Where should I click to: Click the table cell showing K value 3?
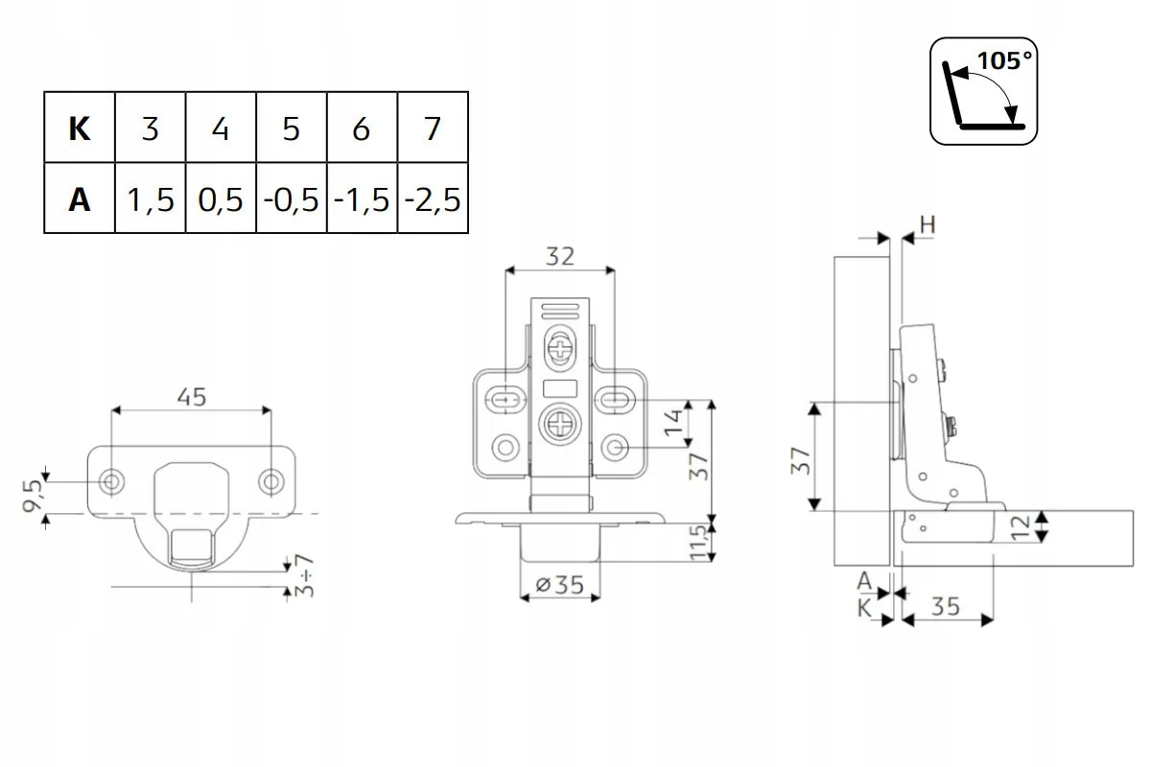point(150,128)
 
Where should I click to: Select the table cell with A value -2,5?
point(433,199)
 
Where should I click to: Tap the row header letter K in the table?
point(80,128)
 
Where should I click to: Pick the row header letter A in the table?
point(80,199)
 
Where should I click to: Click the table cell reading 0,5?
point(221,199)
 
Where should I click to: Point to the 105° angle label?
point(1004,59)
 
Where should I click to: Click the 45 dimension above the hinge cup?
point(191,396)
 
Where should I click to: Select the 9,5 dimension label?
point(35,495)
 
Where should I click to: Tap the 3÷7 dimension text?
point(305,575)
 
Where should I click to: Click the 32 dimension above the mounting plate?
point(559,256)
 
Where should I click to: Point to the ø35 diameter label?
point(560,584)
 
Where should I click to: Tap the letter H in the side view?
point(928,225)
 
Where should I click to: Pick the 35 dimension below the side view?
point(945,606)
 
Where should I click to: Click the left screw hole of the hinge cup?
point(113,480)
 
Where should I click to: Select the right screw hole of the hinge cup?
point(271,480)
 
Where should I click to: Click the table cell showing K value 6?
point(362,128)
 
